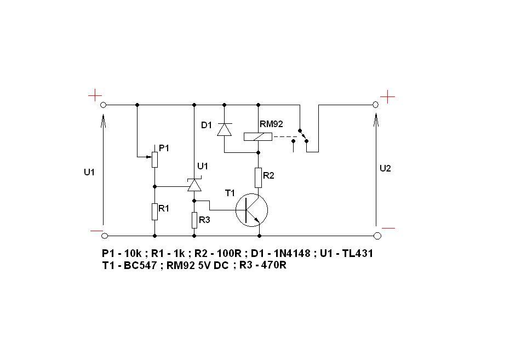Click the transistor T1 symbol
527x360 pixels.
[x=252, y=210]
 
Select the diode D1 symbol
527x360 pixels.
[x=224, y=129]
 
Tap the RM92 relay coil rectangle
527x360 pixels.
[x=258, y=136]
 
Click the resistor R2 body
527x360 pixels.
[x=258, y=178]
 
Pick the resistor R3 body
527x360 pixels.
[x=194, y=220]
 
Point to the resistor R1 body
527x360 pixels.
[x=154, y=212]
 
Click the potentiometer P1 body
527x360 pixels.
[x=154, y=159]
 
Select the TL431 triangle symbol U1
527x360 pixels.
[x=194, y=185]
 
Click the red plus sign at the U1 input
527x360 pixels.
[x=95, y=95]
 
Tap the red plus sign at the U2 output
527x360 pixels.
[x=387, y=97]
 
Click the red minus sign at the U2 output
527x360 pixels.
[x=388, y=228]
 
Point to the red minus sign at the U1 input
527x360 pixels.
[x=97, y=231]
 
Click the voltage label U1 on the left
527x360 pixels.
[x=89, y=172]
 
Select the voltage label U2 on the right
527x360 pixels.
[x=385, y=168]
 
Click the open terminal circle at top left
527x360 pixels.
[x=104, y=105]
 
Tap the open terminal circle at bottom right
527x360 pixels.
[x=377, y=236]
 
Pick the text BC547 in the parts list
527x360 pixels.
[x=140, y=265]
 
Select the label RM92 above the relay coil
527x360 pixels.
[x=271, y=124]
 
